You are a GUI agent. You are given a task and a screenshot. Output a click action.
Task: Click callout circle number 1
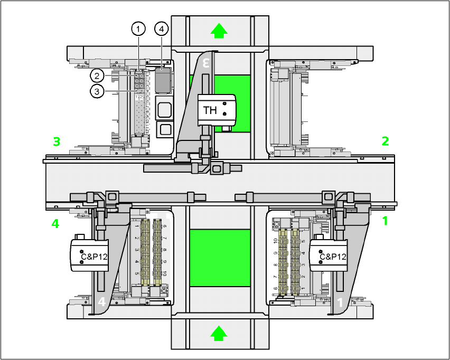pos(138,29)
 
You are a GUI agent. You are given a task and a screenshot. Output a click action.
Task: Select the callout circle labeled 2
pos(97,75)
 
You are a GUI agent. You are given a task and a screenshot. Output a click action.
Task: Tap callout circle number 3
pos(97,91)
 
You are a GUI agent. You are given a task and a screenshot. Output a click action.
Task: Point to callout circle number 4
pos(162,29)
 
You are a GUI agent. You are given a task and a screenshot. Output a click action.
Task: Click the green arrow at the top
pos(219,31)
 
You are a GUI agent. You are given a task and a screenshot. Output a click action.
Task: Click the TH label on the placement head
pos(210,110)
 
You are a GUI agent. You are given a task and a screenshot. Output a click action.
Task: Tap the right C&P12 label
pos(333,257)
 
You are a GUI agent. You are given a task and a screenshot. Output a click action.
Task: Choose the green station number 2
pos(386,141)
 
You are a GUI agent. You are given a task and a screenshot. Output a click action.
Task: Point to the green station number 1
pos(385,221)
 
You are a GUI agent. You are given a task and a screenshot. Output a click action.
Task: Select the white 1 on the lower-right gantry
pos(340,302)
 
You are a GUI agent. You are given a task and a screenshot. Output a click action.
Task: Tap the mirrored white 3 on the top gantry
pos(207,63)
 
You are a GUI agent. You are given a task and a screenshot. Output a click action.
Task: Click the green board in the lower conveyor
pos(220,258)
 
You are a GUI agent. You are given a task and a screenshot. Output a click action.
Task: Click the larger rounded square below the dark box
pos(165,109)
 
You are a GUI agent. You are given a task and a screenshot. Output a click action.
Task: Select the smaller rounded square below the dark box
pos(165,129)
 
